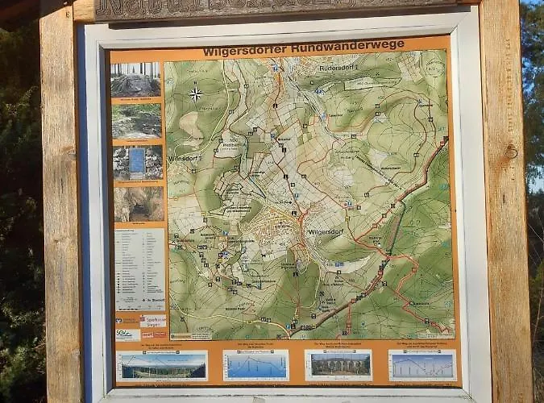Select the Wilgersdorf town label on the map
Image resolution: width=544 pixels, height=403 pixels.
326,231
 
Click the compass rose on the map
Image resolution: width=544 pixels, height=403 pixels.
195,94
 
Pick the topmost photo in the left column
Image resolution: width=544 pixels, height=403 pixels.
135,80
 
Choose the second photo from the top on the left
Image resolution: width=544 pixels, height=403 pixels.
137,120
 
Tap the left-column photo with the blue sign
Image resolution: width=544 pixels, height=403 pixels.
138,162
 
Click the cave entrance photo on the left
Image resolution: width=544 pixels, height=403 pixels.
138,204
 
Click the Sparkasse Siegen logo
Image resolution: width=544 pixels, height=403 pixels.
153,320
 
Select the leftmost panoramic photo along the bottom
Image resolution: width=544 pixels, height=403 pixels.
162,365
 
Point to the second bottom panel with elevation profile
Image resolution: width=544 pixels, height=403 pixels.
255,365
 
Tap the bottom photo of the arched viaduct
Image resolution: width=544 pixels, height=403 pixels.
338,365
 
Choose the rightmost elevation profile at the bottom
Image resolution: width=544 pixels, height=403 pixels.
422,365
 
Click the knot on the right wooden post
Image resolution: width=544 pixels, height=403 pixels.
511,151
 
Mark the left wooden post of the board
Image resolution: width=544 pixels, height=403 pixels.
61,201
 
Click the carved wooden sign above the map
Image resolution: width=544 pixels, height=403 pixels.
274,8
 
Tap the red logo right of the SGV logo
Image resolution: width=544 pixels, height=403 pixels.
154,333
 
